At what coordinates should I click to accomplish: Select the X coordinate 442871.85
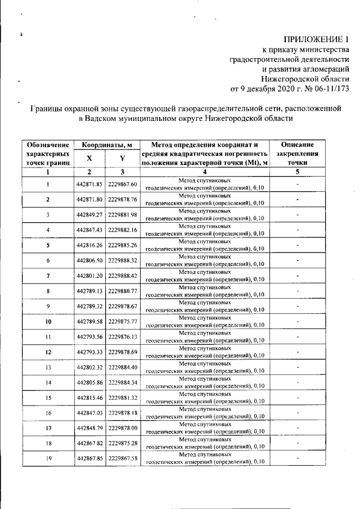coord(88,184)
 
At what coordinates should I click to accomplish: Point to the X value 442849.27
coord(88,215)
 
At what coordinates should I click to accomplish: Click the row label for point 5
coord(48,245)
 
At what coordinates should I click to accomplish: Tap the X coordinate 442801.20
coord(88,276)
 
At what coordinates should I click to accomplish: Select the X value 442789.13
coord(88,291)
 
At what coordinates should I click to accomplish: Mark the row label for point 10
coord(48,321)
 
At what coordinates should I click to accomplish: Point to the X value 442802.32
coord(88,367)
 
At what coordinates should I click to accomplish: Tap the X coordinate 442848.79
coord(88,427)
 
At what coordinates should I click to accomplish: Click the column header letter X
coord(88,159)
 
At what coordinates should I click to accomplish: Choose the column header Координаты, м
coord(106,145)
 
